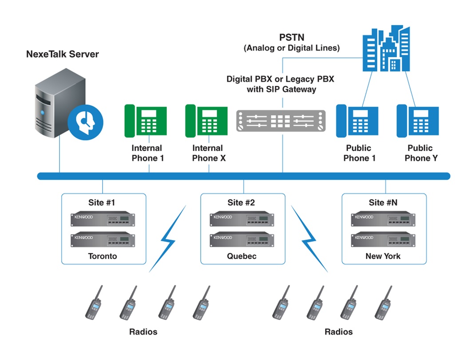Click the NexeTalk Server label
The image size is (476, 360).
(x=63, y=55)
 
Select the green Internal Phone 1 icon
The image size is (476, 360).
(x=145, y=121)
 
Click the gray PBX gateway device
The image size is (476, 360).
(x=281, y=120)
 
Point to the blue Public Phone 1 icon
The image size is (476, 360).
(x=357, y=121)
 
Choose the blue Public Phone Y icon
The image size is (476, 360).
(x=417, y=121)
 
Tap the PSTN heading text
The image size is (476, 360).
(x=291, y=38)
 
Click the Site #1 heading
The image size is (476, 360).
(x=102, y=203)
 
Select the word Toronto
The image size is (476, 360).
(x=103, y=256)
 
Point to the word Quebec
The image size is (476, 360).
(x=242, y=256)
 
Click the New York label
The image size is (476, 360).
(x=383, y=256)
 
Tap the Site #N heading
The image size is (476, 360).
(x=383, y=203)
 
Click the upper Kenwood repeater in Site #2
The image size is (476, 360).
(x=242, y=220)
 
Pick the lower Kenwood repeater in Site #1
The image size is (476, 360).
(x=103, y=240)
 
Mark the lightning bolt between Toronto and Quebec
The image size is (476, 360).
(x=167, y=240)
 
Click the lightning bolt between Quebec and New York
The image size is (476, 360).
(x=309, y=240)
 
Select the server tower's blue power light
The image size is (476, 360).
(x=43, y=113)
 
